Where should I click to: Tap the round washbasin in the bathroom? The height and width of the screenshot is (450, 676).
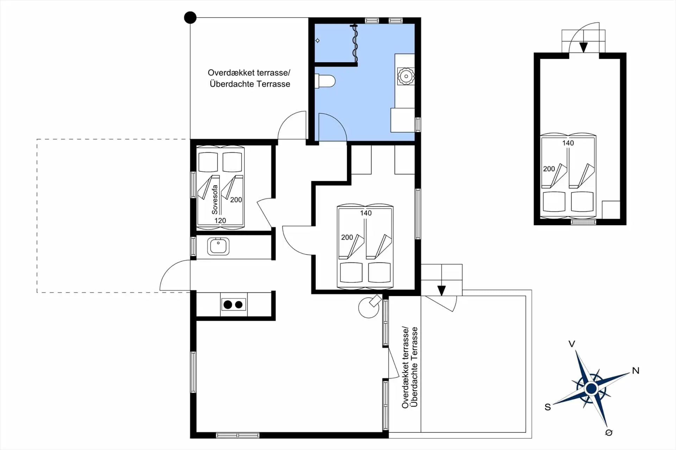406,76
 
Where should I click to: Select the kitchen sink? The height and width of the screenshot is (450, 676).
218,246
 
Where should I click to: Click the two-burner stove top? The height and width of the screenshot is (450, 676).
233,304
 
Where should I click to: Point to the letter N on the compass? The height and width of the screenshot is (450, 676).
636,370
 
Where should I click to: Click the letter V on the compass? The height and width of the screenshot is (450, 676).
572,344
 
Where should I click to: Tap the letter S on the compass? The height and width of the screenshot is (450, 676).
547,407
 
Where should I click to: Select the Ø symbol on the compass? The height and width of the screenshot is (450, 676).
609,433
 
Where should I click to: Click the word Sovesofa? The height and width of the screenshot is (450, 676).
215,199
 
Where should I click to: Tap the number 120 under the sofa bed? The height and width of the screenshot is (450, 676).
220,221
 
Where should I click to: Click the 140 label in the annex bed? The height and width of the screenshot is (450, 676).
568,143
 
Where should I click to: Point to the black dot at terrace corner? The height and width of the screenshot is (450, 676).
190,18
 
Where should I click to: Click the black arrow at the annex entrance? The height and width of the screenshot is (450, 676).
583,47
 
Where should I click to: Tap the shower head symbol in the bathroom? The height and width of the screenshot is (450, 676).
318,41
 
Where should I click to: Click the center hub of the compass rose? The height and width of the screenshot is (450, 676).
591,389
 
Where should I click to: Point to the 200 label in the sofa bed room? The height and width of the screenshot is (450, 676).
236,200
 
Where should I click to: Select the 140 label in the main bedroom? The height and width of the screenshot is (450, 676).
366,213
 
